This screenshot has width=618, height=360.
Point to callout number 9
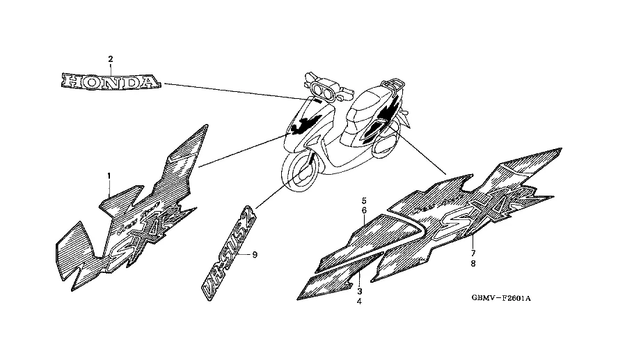(x=255, y=255)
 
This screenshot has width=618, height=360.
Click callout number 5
(x=363, y=201)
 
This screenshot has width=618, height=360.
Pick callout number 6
(x=363, y=210)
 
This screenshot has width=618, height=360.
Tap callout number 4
(x=360, y=302)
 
